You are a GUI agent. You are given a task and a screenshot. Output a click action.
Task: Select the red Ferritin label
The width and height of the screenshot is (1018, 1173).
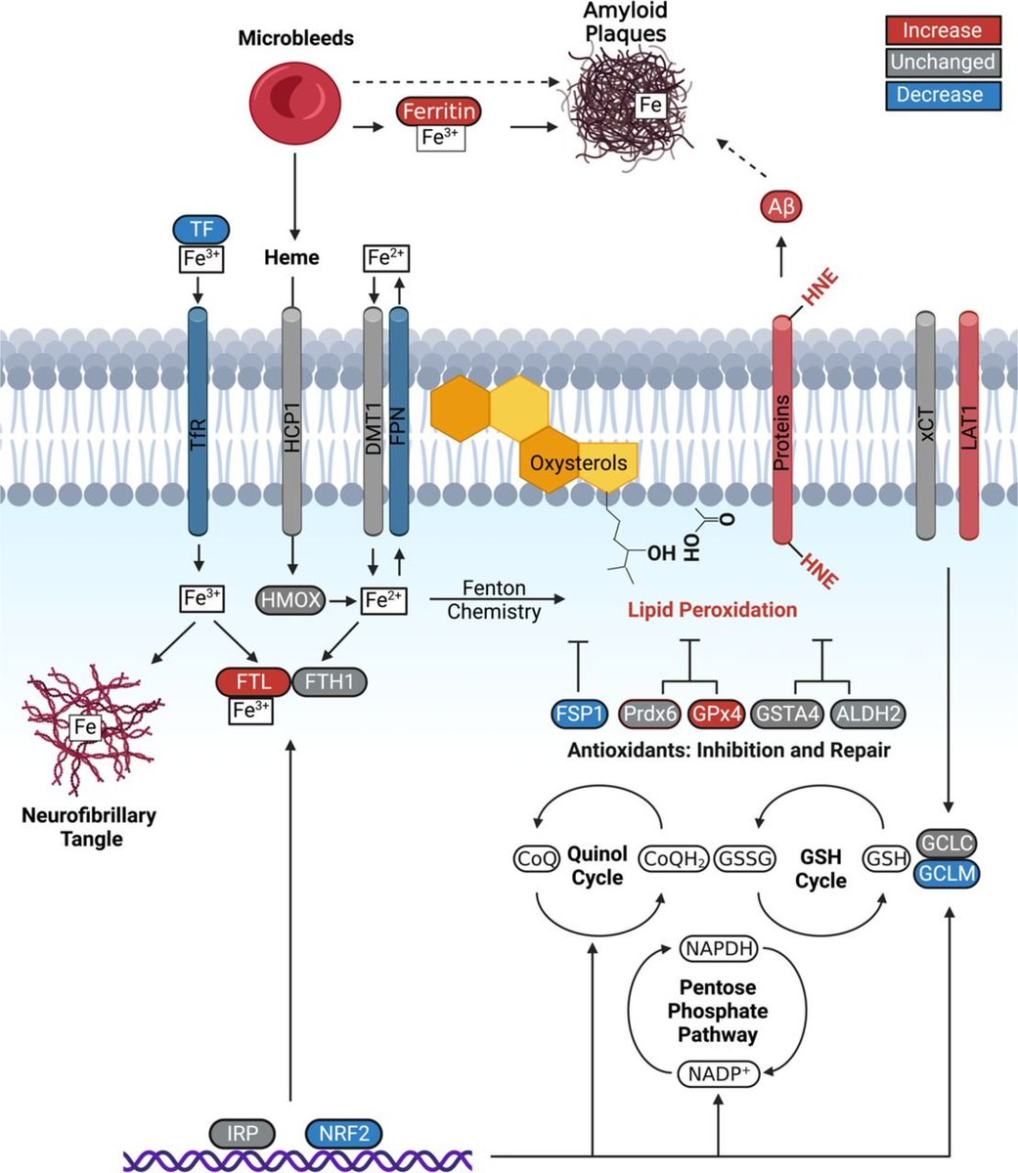pos(439,111)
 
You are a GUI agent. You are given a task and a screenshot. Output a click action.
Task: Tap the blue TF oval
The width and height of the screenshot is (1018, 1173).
pos(201,230)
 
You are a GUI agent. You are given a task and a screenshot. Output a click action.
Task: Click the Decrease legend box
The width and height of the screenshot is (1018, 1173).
pos(944,95)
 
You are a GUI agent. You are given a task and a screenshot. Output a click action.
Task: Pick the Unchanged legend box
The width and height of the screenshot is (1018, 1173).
pos(944,62)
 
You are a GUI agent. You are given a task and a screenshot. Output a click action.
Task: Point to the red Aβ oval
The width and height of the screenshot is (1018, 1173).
pos(781,206)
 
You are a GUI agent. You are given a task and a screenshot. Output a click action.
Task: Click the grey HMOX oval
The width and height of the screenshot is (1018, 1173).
pos(290,600)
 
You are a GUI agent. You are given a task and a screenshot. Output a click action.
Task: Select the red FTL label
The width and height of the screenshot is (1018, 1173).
pos(253,682)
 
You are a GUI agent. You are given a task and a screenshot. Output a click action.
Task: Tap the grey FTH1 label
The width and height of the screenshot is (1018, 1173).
pos(330,682)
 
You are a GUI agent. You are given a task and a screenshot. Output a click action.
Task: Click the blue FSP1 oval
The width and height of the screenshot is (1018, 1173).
pos(579,714)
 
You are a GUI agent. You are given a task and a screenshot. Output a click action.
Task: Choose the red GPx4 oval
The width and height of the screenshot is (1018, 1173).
pos(717,714)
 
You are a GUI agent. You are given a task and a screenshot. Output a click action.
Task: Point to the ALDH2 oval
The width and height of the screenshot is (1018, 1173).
pos(868,714)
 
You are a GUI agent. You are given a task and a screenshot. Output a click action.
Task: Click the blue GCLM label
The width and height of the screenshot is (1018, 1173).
pos(947,874)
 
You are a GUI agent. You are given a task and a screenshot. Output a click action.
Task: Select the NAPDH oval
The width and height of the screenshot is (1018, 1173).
pos(719,948)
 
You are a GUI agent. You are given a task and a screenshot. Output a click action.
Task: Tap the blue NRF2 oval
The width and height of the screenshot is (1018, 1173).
pos(343,1134)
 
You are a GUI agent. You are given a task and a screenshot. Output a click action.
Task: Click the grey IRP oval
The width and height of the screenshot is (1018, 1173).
pos(242,1134)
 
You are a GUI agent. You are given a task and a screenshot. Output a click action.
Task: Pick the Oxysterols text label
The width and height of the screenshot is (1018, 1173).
pos(578,463)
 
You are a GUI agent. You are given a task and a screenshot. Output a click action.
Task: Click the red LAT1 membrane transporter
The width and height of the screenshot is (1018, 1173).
pos(969,425)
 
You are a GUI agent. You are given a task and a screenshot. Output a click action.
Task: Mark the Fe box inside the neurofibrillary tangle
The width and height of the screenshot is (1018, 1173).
pos(85,727)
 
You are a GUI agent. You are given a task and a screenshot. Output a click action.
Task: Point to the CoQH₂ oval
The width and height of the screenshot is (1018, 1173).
pos(674,859)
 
